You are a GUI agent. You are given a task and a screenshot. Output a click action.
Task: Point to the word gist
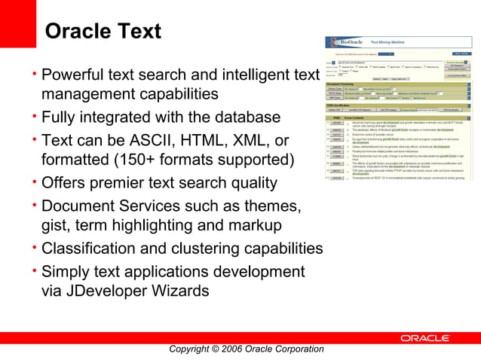pyautogui.click(x=55, y=225)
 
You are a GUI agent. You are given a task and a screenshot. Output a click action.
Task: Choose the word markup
pyautogui.click(x=264, y=225)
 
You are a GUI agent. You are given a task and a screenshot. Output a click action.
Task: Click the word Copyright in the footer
pyautogui.click(x=192, y=349)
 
